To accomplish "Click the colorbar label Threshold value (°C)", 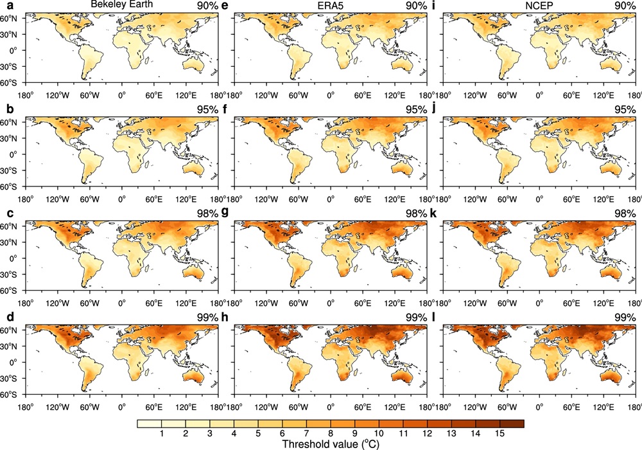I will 330,443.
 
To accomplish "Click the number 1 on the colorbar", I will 160,433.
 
